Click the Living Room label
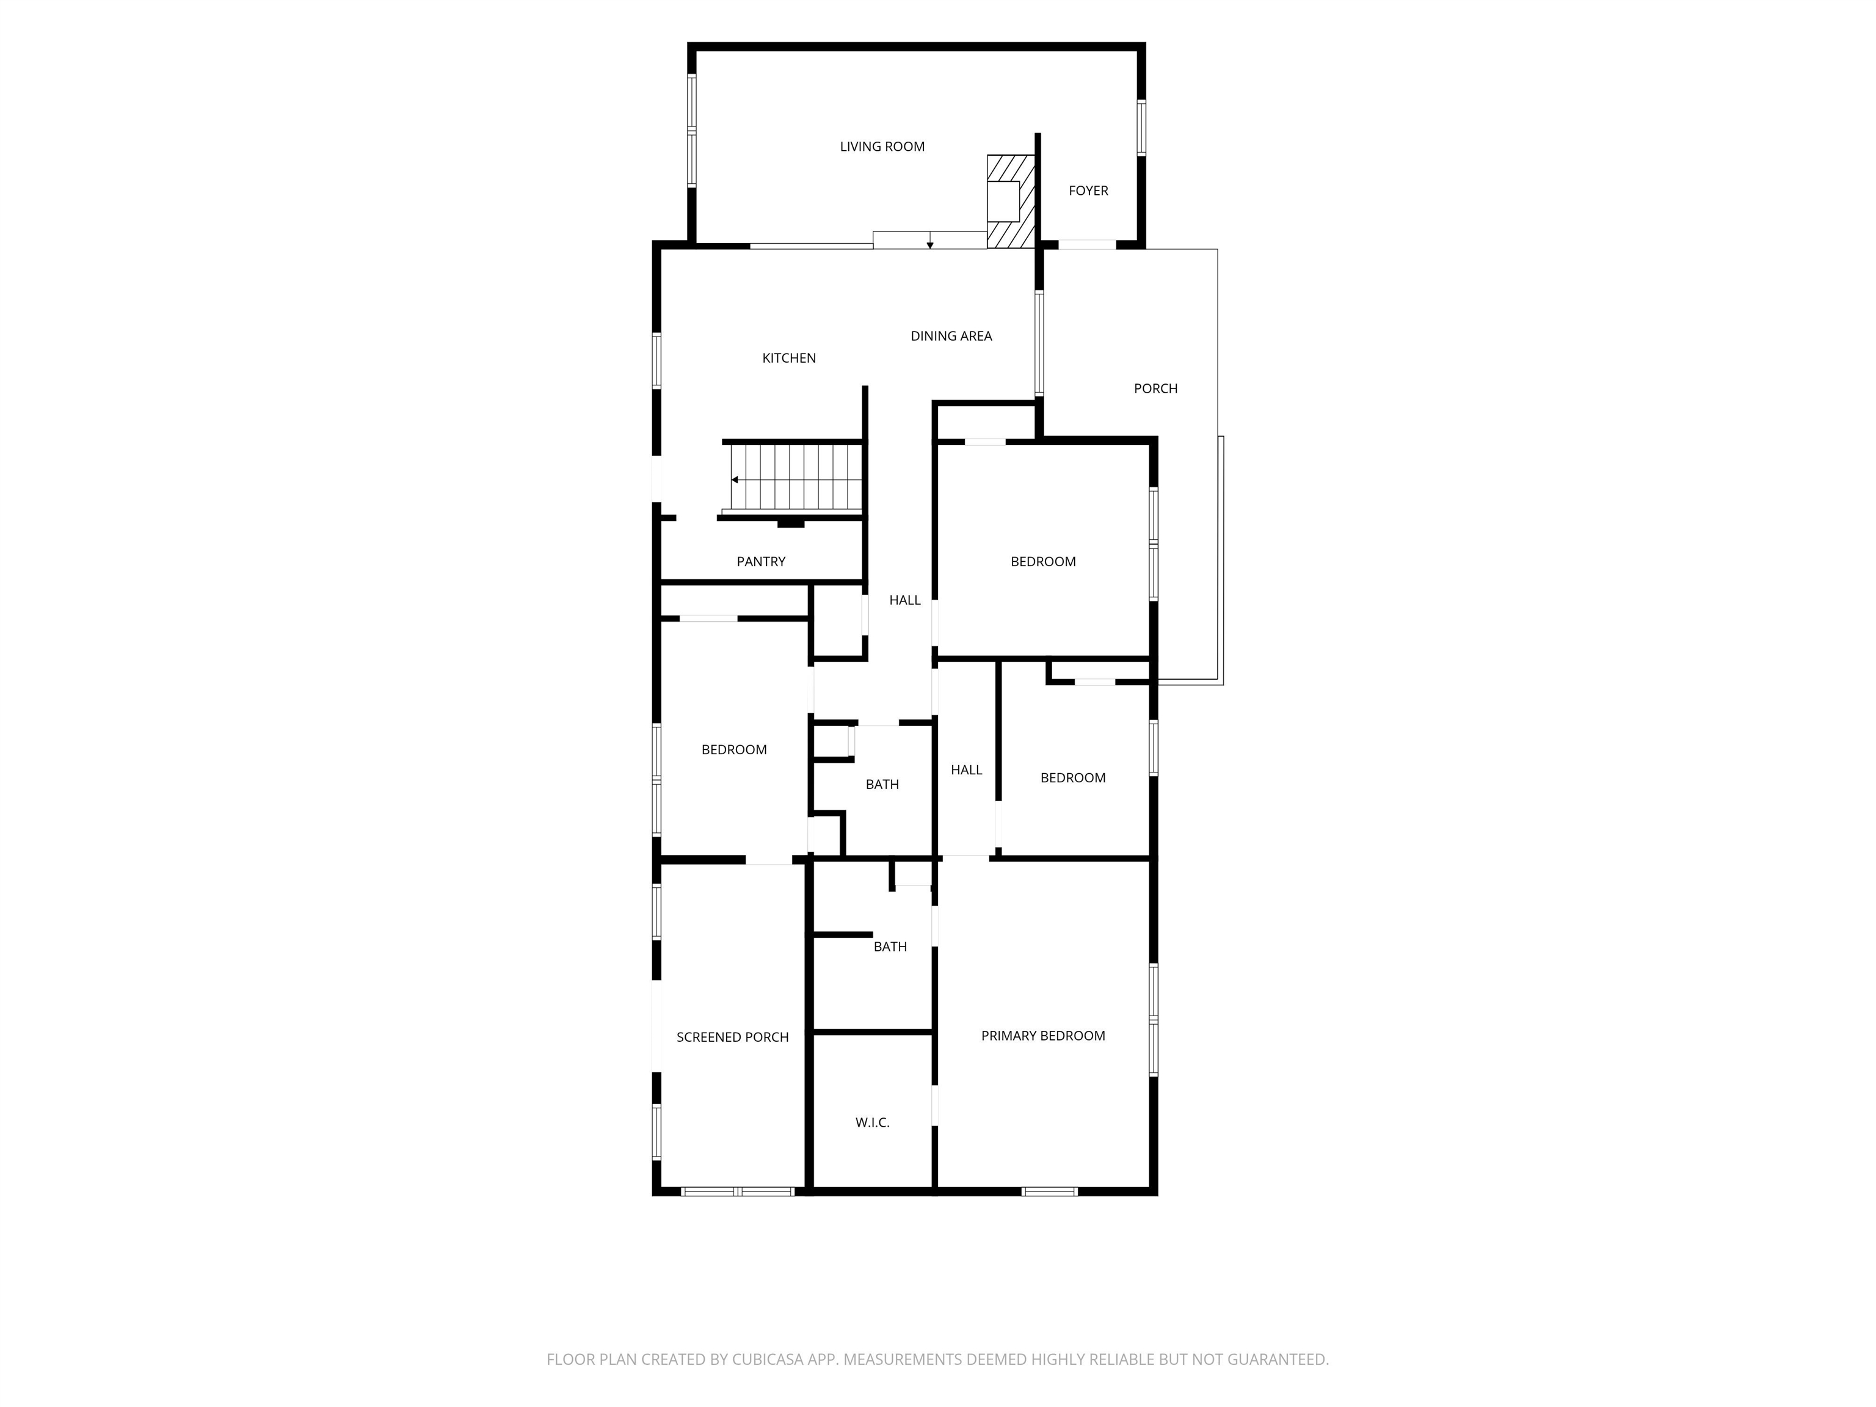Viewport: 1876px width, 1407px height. tap(882, 147)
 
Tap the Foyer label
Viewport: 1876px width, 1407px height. tap(1088, 191)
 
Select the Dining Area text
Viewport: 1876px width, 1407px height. tap(951, 336)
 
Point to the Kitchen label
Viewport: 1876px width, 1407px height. tap(789, 358)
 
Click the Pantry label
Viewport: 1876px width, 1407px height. tap(761, 561)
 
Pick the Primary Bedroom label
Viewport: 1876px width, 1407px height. tap(1043, 1036)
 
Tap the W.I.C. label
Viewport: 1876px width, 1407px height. tap(872, 1123)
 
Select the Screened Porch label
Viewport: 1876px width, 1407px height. tap(733, 1037)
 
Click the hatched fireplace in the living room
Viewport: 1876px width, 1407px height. tap(1011, 201)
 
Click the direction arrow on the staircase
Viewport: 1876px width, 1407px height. tap(735, 480)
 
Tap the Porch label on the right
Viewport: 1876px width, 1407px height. tap(1155, 388)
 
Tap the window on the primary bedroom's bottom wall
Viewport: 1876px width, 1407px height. tap(1049, 1191)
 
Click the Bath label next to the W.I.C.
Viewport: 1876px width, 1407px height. tap(890, 947)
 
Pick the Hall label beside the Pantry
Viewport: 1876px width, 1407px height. tap(904, 600)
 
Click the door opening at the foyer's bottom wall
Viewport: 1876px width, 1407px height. tap(1087, 245)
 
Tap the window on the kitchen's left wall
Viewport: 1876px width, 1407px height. tap(656, 362)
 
